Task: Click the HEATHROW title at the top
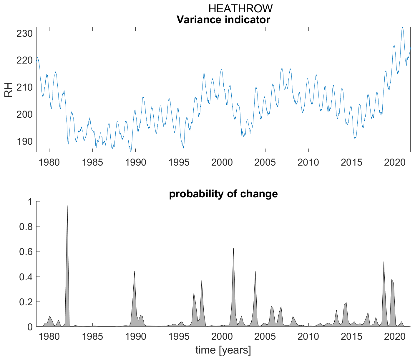240,9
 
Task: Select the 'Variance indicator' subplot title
223,20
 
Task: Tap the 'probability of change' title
223,194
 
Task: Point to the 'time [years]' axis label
223,350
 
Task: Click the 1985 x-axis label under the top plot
92,162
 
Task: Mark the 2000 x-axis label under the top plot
222,162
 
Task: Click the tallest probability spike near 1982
67,206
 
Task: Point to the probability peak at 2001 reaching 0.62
233,249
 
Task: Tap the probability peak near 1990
135,271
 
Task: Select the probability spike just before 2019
384,262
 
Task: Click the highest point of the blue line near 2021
402,28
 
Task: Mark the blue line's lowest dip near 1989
131,151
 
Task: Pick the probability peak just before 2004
255,271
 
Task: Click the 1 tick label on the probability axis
30,201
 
